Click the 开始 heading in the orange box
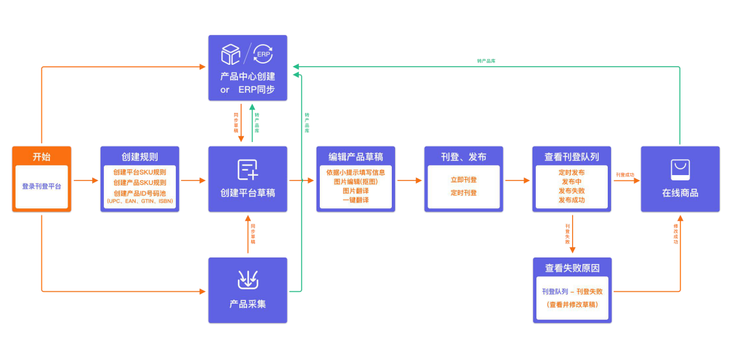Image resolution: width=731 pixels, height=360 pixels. click(x=42, y=157)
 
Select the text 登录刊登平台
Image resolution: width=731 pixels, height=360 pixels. click(x=42, y=186)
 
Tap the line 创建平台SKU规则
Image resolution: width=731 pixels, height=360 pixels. click(x=139, y=173)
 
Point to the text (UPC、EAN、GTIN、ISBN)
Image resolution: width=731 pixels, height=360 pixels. click(x=139, y=202)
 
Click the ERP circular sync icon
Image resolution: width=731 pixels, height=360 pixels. click(x=263, y=54)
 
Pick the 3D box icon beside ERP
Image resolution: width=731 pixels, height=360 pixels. click(x=231, y=54)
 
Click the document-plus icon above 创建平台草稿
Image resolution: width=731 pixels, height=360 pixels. click(x=248, y=170)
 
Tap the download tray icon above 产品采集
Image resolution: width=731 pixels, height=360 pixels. click(x=248, y=280)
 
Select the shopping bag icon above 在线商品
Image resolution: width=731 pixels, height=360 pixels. click(x=680, y=170)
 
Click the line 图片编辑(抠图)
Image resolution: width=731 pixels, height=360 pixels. click(x=355, y=182)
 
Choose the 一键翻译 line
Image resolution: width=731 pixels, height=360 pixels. click(x=355, y=200)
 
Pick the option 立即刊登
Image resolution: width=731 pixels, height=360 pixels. click(x=464, y=180)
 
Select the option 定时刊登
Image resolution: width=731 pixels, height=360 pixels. click(x=464, y=193)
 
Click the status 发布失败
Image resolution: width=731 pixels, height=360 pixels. click(x=571, y=191)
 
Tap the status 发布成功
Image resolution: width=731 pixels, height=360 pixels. click(x=571, y=200)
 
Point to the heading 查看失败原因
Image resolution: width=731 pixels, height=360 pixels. click(x=571, y=268)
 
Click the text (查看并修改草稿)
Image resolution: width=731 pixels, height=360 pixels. click(x=571, y=304)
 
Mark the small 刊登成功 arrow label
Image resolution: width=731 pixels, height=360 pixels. click(x=625, y=174)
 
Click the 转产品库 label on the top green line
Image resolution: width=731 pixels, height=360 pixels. click(x=486, y=60)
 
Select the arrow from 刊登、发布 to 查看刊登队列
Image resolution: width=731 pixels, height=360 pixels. click(x=517, y=180)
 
